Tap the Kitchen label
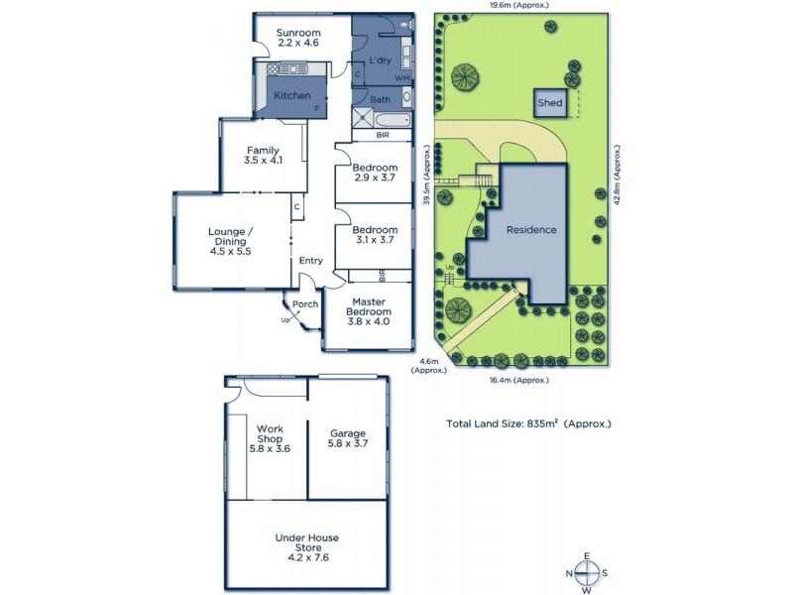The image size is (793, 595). pyautogui.click(x=292, y=95)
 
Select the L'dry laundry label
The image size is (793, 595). pyautogui.click(x=380, y=61)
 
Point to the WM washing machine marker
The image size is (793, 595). pyautogui.click(x=402, y=77)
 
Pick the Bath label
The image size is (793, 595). pyautogui.click(x=380, y=99)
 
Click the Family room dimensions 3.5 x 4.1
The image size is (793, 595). pyautogui.click(x=263, y=160)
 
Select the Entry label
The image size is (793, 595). pyautogui.click(x=311, y=261)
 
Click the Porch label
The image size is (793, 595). pyautogui.click(x=306, y=303)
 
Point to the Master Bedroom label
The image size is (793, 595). pyautogui.click(x=368, y=306)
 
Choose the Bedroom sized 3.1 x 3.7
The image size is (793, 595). pyautogui.click(x=375, y=233)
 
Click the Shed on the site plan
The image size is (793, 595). pyautogui.click(x=549, y=102)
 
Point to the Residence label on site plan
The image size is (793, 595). pyautogui.click(x=531, y=229)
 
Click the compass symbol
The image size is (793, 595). pyautogui.click(x=588, y=573)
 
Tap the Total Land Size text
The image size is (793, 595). pyautogui.click(x=528, y=423)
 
